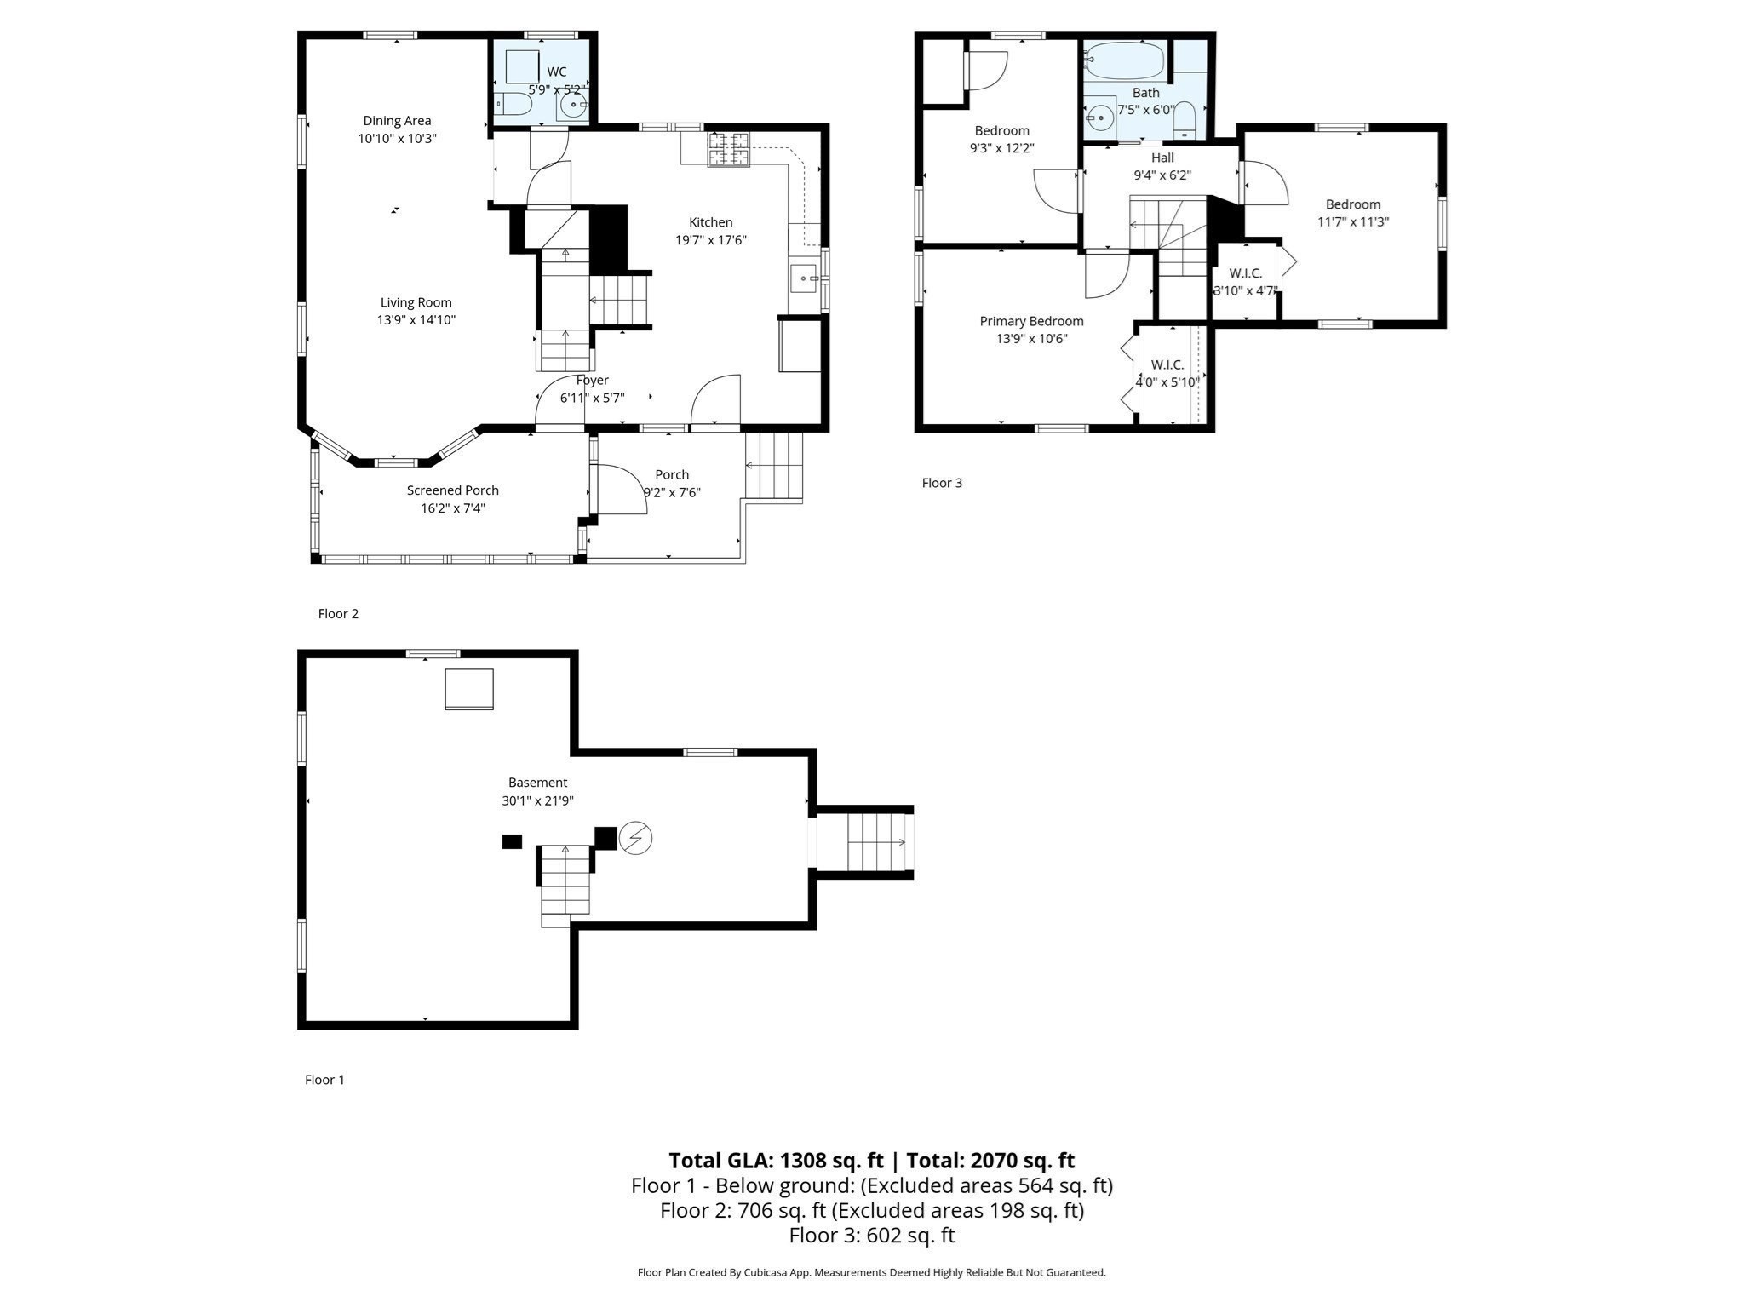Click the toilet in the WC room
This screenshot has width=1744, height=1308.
click(514, 105)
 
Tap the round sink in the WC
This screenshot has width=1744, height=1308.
click(574, 106)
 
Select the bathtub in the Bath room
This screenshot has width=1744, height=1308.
click(1125, 60)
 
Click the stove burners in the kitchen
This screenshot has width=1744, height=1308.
click(729, 150)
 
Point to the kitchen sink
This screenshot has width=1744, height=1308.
click(804, 278)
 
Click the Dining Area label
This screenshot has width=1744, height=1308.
click(397, 121)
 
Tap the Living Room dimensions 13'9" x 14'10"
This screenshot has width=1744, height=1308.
click(416, 320)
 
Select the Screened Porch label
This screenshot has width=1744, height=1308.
click(452, 490)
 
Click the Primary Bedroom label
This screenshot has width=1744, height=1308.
click(1031, 321)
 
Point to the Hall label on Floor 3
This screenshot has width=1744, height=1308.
click(1162, 158)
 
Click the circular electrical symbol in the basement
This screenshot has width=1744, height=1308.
click(635, 839)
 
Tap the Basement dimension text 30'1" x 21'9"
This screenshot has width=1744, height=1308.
click(537, 800)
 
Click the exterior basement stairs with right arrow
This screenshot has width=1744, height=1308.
click(876, 842)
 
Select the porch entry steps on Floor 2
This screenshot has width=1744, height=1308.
click(773, 466)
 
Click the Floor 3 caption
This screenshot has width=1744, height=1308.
click(942, 483)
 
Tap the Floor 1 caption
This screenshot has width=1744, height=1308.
click(324, 1080)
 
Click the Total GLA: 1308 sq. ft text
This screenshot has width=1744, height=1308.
click(775, 1161)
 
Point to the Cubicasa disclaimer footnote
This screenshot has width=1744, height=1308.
click(871, 1272)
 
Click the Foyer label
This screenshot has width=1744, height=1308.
click(592, 381)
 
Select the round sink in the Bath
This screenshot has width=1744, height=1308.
click(1101, 116)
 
